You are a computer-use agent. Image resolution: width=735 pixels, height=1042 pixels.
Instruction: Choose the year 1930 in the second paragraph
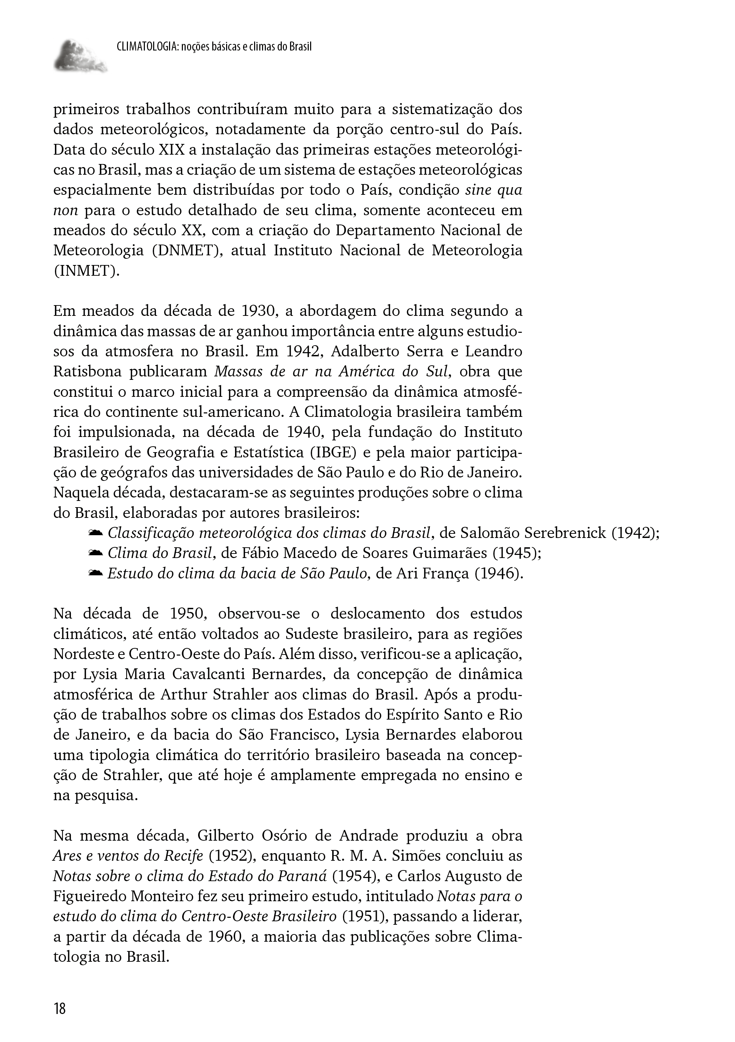coord(258,311)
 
